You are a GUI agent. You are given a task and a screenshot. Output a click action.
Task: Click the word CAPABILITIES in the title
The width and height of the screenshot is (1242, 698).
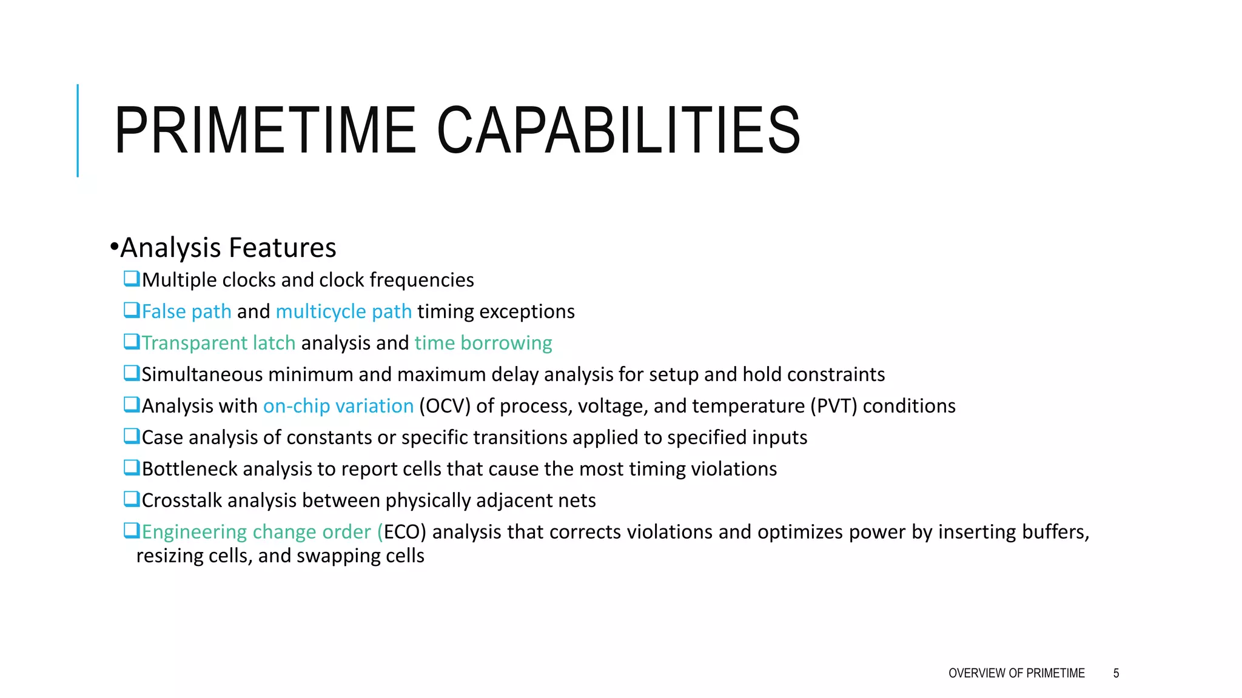pyautogui.click(x=619, y=130)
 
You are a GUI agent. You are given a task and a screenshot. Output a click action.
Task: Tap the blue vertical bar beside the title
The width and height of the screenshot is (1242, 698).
pyautogui.click(x=78, y=130)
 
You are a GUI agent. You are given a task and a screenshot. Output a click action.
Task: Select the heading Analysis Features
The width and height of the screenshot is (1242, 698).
pyautogui.click(x=228, y=248)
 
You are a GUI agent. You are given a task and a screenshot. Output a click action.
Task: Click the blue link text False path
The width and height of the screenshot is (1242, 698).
pyautogui.click(x=187, y=311)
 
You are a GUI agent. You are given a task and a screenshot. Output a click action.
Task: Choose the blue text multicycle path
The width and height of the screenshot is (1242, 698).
pyautogui.click(x=344, y=311)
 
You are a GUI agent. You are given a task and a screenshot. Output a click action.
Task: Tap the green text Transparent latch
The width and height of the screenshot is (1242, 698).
pyautogui.click(x=219, y=343)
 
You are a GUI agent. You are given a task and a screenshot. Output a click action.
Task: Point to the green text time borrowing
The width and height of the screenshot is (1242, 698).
pyautogui.click(x=483, y=343)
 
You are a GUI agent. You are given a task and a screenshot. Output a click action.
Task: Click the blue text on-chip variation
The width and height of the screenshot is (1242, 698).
pyautogui.click(x=338, y=406)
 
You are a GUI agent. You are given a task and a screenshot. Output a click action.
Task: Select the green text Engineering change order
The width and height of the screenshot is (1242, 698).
pyautogui.click(x=256, y=532)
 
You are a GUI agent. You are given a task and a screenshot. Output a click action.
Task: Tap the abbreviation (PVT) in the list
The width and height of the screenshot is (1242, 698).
pyautogui.click(x=834, y=406)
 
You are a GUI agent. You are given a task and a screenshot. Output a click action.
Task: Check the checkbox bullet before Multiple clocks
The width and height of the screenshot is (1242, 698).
pyautogui.click(x=132, y=279)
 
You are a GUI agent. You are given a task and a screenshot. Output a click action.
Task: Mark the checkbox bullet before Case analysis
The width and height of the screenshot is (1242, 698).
pyautogui.click(x=132, y=436)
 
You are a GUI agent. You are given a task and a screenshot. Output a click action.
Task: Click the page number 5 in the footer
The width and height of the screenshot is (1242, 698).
pyautogui.click(x=1116, y=673)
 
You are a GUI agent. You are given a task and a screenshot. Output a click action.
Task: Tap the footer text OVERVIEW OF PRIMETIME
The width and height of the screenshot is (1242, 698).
pyautogui.click(x=1016, y=673)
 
